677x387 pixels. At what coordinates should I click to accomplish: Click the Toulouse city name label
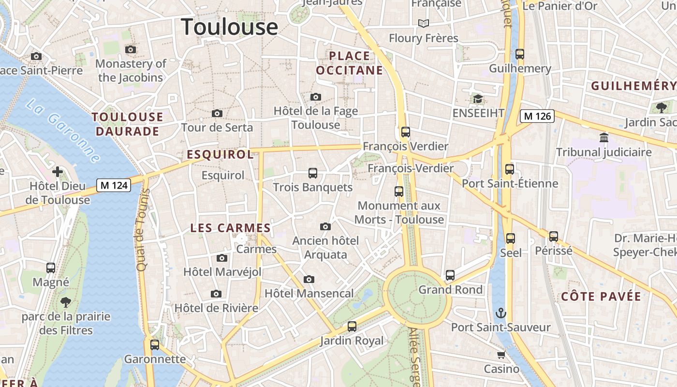point(230,27)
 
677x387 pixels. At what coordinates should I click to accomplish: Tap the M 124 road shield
point(114,185)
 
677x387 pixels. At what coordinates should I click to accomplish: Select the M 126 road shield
point(537,116)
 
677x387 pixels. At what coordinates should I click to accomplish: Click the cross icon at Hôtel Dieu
point(58,172)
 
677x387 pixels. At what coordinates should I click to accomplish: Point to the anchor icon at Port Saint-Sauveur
point(501,313)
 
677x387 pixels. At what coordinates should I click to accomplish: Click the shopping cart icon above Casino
point(501,355)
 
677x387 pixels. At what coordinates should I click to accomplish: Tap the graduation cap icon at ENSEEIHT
point(478,99)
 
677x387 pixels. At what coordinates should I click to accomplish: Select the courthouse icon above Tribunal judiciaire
point(603,138)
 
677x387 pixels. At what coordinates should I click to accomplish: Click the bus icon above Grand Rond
point(450,275)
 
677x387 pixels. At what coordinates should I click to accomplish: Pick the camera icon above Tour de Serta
point(217,113)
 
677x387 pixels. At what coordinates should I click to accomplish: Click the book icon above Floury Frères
point(424,23)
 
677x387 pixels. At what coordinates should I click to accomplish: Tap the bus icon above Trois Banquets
point(313,173)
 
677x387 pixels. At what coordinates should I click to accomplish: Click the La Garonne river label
point(63,131)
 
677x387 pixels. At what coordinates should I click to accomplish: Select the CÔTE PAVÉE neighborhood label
point(601,297)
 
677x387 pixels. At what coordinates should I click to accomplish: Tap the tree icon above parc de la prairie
point(66,303)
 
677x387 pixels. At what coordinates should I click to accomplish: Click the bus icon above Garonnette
point(155,345)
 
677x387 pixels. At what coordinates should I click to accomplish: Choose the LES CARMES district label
point(230,228)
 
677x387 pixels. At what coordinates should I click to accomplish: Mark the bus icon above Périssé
point(554,237)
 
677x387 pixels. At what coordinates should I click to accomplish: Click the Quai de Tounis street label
point(141,230)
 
